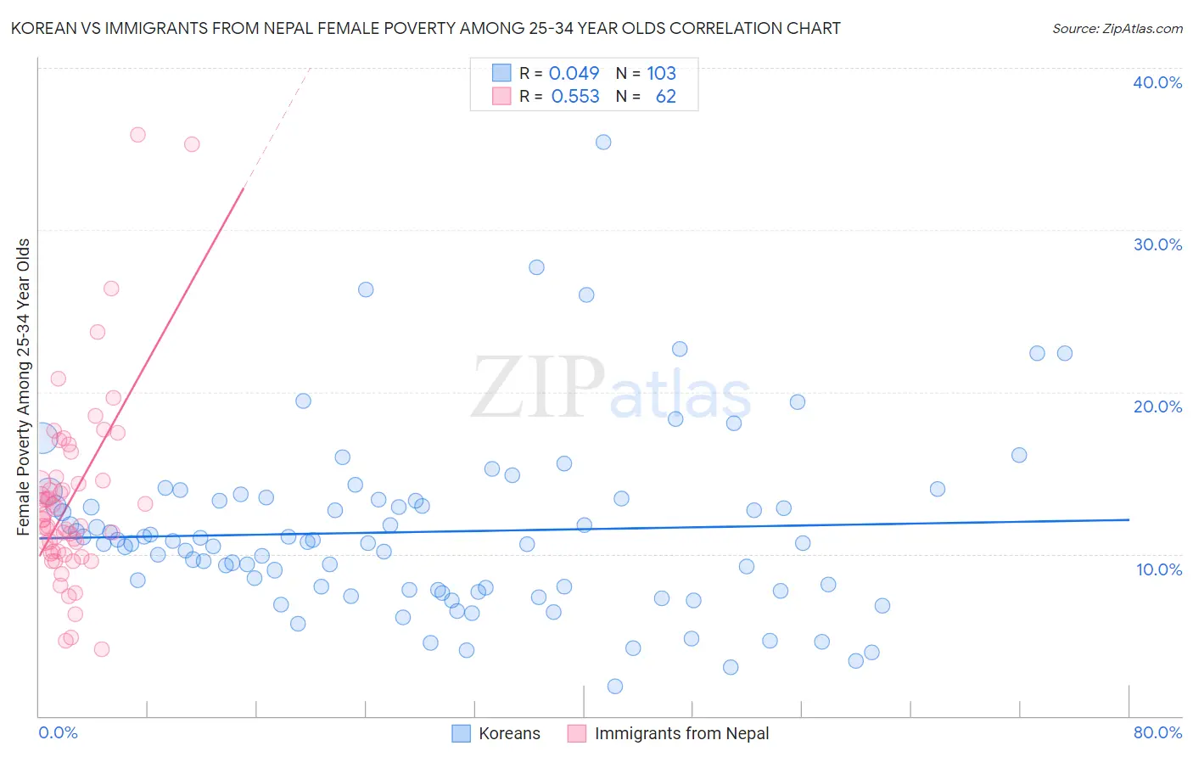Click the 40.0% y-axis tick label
pyautogui.click(x=1157, y=82)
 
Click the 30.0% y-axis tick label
pyautogui.click(x=1157, y=244)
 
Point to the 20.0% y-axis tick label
pyautogui.click(x=1157, y=407)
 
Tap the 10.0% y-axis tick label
pyautogui.click(x=1158, y=569)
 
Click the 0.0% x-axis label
pyautogui.click(x=58, y=732)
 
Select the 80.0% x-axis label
pyautogui.click(x=1157, y=732)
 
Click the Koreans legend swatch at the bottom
pyautogui.click(x=461, y=733)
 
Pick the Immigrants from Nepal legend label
pyautogui.click(x=681, y=733)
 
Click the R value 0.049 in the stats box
pyautogui.click(x=574, y=74)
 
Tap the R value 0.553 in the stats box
pyautogui.click(x=575, y=97)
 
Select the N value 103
pyautogui.click(x=661, y=74)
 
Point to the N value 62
pyautogui.click(x=665, y=97)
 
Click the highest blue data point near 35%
pyautogui.click(x=603, y=142)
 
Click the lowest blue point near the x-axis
pyautogui.click(x=615, y=686)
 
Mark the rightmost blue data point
pyautogui.click(x=1064, y=353)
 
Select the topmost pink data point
pyautogui.click(x=137, y=134)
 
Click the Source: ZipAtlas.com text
pyautogui.click(x=1117, y=29)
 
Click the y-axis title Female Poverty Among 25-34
pyautogui.click(x=23, y=387)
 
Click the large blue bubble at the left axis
pyautogui.click(x=40, y=437)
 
